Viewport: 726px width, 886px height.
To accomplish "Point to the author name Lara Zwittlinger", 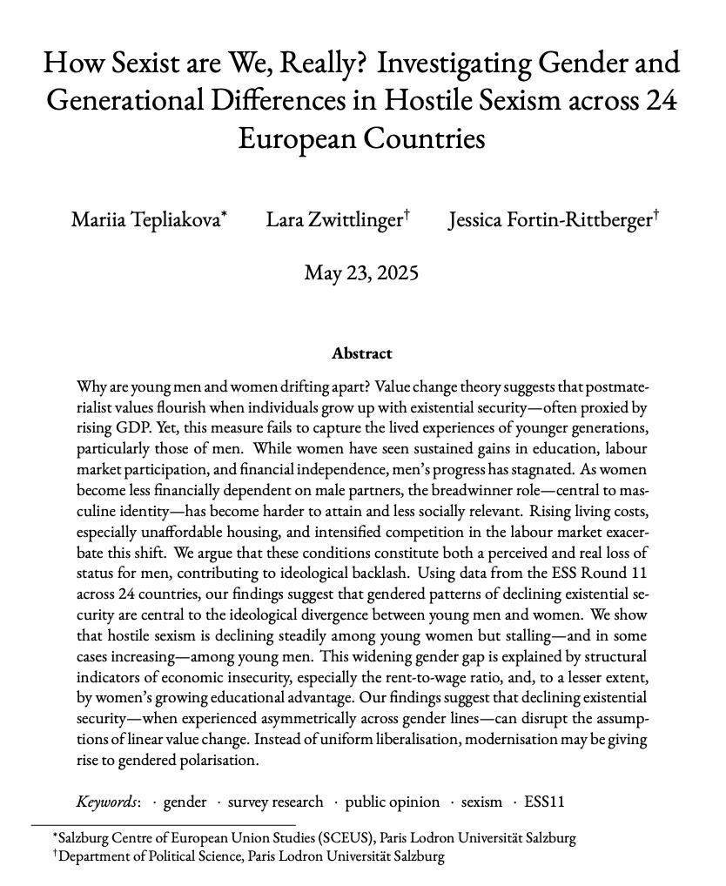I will [x=333, y=220].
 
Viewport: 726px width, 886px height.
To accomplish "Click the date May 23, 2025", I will [x=361, y=273].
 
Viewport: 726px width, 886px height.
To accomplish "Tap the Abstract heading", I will [x=361, y=353].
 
